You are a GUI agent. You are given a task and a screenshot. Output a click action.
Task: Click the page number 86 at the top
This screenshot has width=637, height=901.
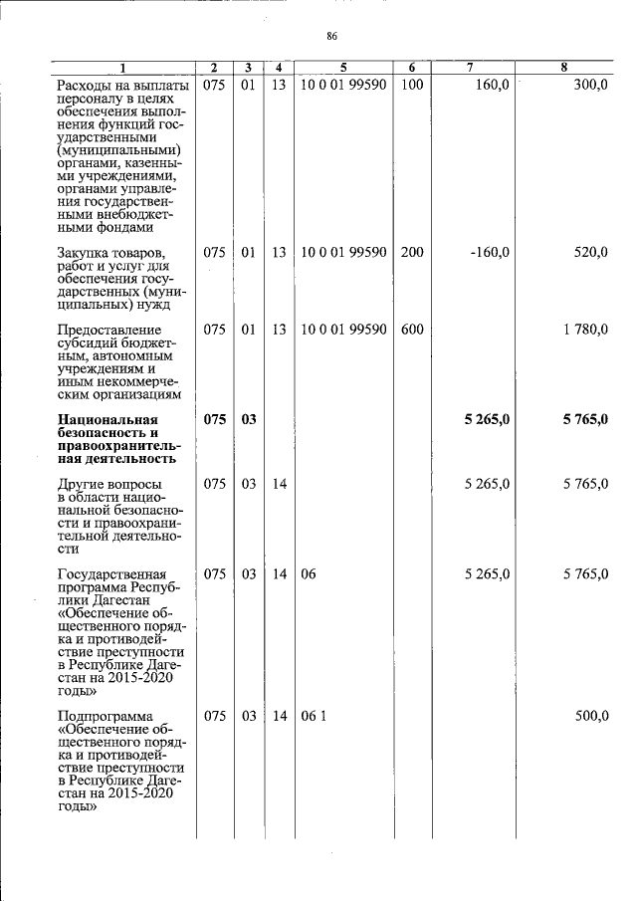332,37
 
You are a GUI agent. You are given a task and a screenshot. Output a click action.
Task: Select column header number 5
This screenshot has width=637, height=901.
343,68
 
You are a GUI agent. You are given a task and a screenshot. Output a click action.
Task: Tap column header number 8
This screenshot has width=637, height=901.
563,68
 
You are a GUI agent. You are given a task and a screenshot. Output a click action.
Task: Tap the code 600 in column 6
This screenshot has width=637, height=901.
412,330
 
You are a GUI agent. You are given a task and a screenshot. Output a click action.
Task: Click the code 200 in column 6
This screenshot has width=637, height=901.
412,253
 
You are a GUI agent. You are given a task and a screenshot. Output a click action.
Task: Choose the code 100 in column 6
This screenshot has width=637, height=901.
412,85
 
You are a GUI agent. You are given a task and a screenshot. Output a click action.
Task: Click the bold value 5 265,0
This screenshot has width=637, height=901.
487,420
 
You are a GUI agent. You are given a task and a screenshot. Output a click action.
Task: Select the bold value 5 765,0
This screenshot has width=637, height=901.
584,420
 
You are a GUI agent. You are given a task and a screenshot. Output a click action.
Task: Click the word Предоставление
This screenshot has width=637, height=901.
108,330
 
